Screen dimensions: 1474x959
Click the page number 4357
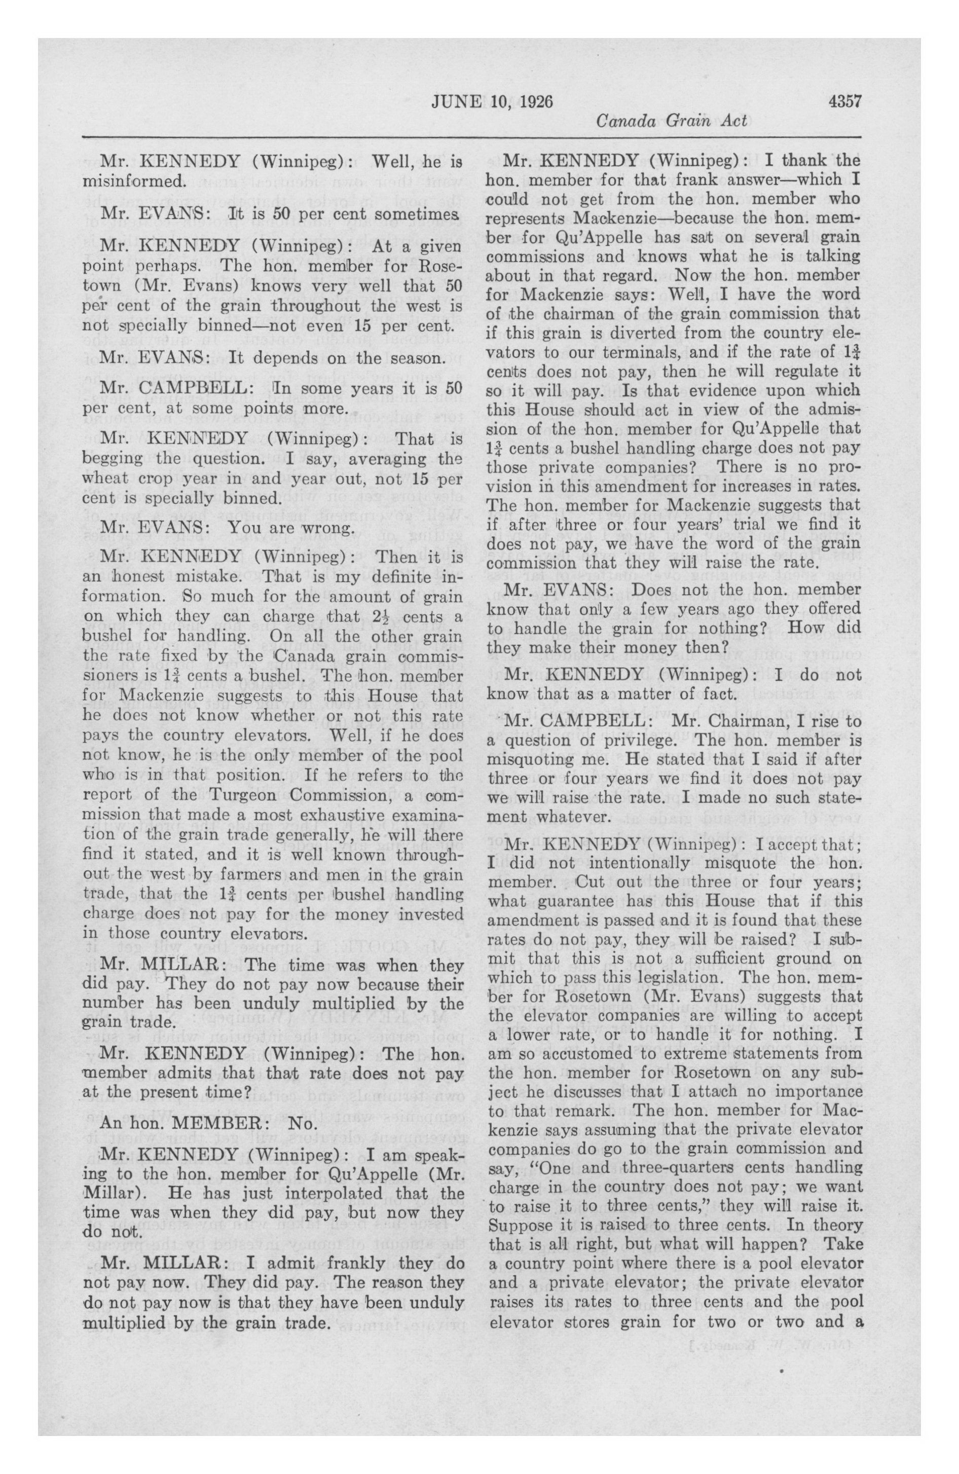pos(844,100)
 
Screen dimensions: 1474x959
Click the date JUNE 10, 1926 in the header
pos(492,101)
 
